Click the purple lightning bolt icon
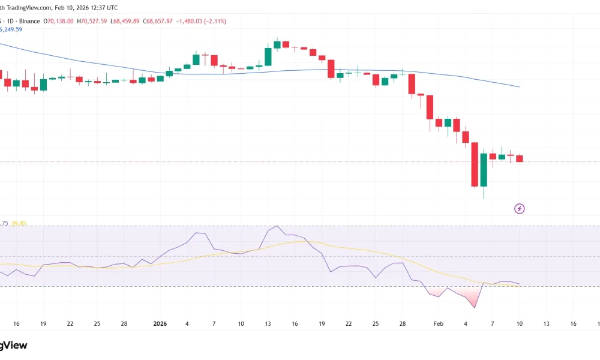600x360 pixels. (520, 209)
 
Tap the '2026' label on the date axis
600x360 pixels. (160, 323)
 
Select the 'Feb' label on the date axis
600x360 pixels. (439, 323)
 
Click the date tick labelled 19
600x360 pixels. (43, 323)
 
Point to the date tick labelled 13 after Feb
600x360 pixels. (547, 323)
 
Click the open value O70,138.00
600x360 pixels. (59, 21)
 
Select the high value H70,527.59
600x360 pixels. (92, 21)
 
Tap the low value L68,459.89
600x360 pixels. (125, 21)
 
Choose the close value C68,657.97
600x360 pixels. (157, 21)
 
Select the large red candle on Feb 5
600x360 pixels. (475, 164)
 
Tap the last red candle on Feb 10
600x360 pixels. (520, 158)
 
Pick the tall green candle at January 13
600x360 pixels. (268, 56)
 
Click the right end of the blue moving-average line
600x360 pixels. (518, 87)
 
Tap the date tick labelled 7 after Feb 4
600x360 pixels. (493, 323)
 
